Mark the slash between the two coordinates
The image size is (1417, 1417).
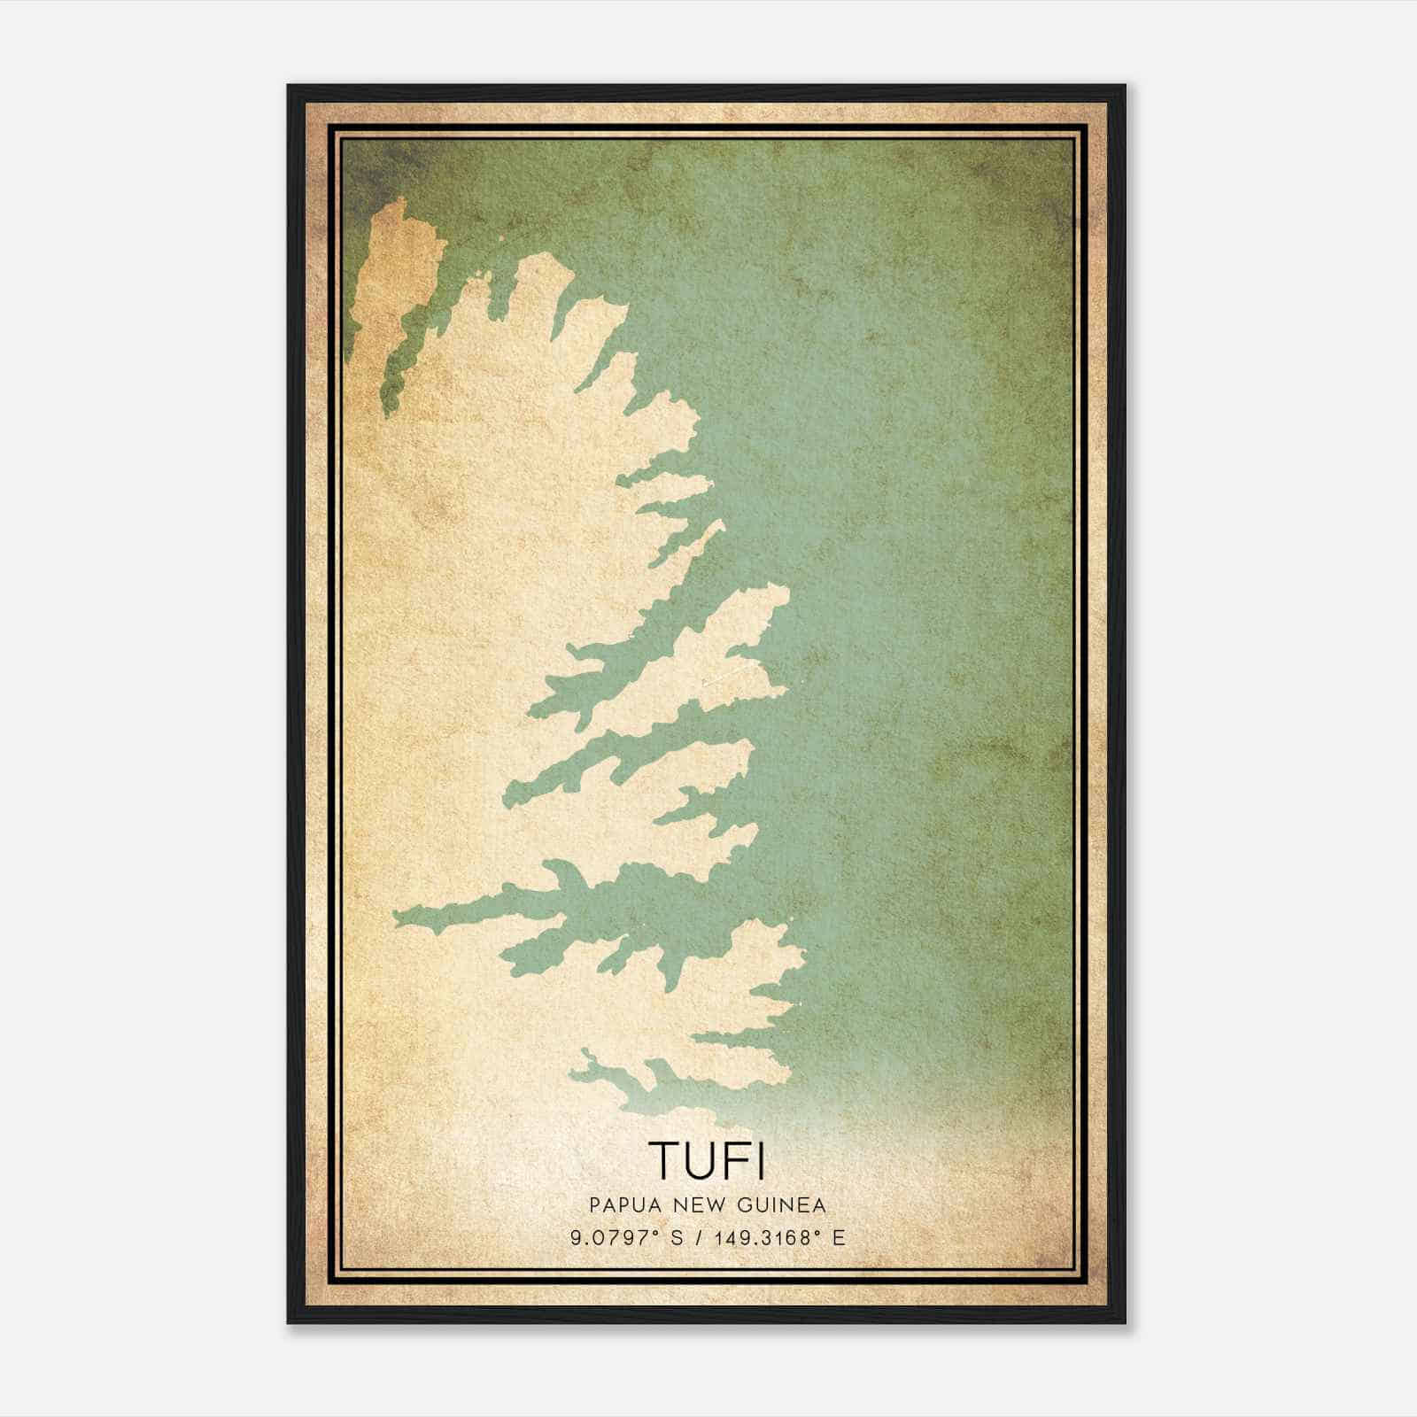click(702, 1238)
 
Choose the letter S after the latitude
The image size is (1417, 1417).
click(677, 1238)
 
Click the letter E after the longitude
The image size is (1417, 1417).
click(839, 1238)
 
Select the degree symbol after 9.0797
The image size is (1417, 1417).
click(657, 1232)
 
